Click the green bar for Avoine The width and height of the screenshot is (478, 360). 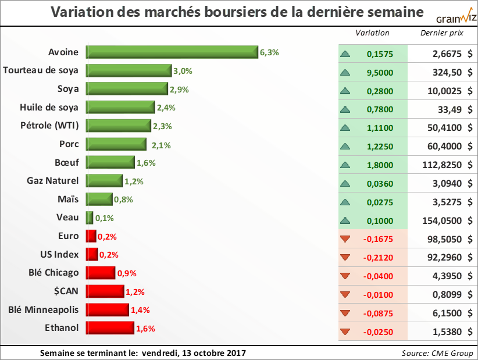(172, 52)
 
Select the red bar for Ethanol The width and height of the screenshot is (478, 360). (110, 328)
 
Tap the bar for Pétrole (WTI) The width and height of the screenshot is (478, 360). (119, 126)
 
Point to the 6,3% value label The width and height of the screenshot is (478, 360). (269, 52)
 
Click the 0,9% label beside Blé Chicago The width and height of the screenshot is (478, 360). (127, 273)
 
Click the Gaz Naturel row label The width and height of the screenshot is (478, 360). (53, 181)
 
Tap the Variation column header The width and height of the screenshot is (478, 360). (372, 33)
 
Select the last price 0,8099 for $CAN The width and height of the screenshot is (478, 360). (445, 295)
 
